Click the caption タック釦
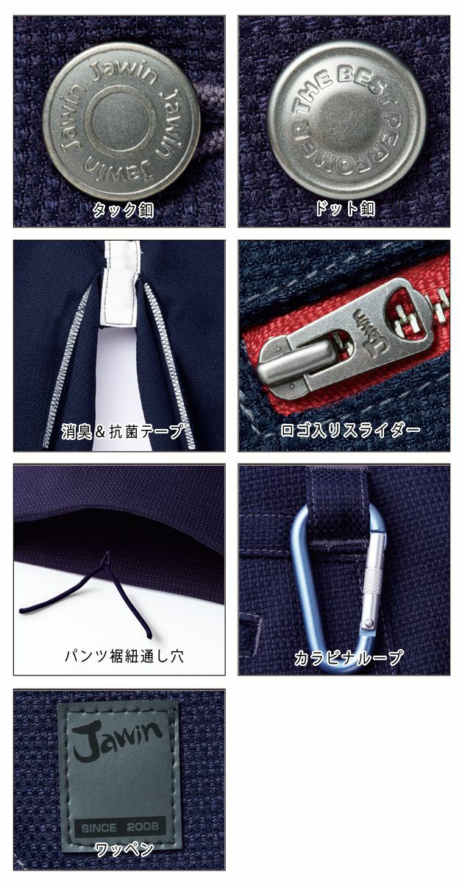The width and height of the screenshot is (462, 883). pos(122,210)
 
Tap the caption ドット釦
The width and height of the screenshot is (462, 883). pos(344,210)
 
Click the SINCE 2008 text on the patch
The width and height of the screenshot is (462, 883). pos(118,824)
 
